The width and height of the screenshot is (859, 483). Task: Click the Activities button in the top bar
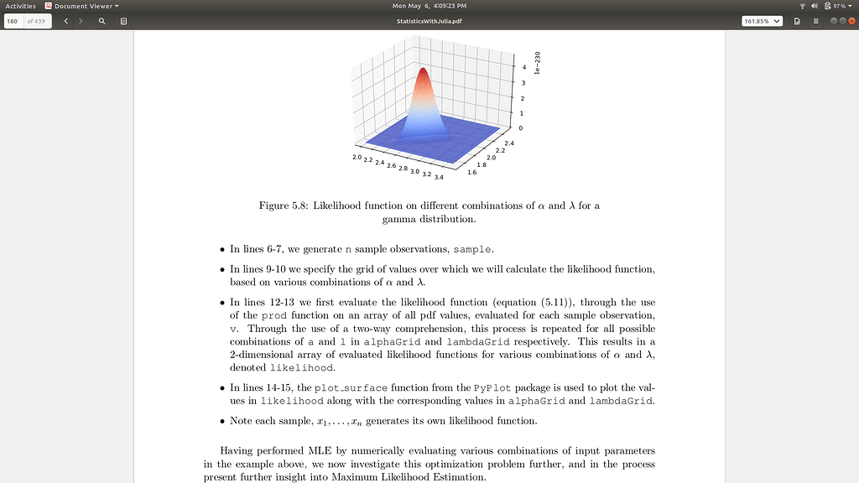click(20, 6)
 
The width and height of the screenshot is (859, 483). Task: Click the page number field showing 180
click(13, 21)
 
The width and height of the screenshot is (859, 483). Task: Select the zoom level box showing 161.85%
click(762, 21)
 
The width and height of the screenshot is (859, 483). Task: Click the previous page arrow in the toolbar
click(66, 21)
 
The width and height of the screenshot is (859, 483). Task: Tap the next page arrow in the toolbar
click(81, 21)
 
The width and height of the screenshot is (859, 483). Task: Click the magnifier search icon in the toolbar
click(102, 21)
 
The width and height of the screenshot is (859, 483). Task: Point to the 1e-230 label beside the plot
click(538, 64)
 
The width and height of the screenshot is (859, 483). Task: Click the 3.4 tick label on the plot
click(439, 177)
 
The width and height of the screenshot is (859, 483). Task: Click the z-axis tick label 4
click(523, 67)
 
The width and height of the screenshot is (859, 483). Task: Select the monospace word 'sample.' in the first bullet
click(474, 250)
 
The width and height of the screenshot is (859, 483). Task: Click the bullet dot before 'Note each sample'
click(222, 422)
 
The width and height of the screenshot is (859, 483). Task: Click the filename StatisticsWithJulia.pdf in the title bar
click(429, 21)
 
